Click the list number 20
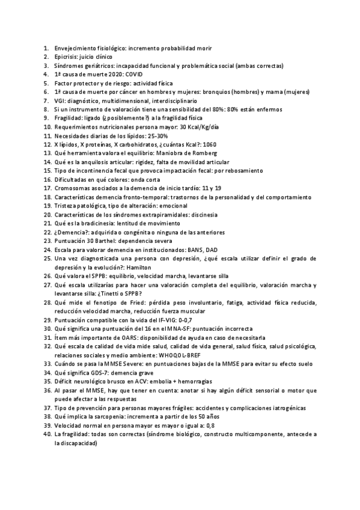pos(46,215)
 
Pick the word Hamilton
pos(138,268)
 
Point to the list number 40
pos(46,434)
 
